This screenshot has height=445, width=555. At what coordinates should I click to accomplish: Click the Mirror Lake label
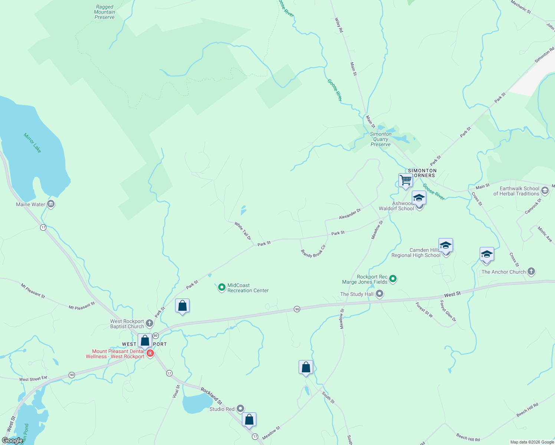coord(32,143)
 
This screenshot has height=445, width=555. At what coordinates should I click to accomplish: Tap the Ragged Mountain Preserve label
coord(104,12)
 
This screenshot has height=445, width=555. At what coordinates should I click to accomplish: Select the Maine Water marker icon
coord(51,204)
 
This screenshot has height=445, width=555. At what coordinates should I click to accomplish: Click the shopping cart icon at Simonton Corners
coord(405,180)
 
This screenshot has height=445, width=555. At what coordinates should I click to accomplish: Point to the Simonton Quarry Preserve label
coord(381,139)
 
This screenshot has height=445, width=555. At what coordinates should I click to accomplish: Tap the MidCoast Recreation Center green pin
coord(221,287)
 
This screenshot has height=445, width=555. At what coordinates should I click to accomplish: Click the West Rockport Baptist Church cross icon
coord(149,323)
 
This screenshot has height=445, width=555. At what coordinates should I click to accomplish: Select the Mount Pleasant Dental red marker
coord(150,353)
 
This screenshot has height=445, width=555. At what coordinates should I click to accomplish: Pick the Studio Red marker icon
coord(240,409)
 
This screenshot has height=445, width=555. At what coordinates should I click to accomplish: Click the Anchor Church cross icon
coord(531,271)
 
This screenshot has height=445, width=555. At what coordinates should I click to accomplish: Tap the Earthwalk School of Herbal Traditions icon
coord(545,191)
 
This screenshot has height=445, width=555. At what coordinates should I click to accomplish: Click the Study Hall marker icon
coord(380,294)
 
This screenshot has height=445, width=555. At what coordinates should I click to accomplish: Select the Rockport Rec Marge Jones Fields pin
coord(393,279)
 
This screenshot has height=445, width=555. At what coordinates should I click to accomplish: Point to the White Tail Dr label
coord(243,231)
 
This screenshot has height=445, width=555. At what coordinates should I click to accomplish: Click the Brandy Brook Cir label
coord(313,251)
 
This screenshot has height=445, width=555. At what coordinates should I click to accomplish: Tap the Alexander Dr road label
coord(350,214)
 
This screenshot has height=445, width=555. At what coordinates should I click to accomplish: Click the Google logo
coord(13,441)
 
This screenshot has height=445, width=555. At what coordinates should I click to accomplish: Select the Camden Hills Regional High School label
coord(416,253)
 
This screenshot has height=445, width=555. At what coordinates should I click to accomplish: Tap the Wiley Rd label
coord(339,25)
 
